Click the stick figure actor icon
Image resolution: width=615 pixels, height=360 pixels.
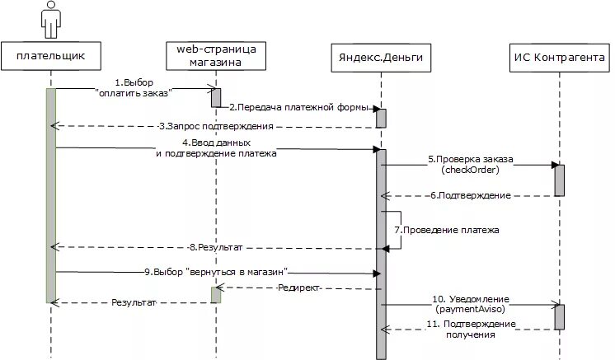(50, 19)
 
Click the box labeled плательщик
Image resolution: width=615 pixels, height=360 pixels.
(51, 56)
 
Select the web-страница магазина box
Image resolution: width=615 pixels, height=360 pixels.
(216, 56)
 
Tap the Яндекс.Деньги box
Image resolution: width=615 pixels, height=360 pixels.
(381, 56)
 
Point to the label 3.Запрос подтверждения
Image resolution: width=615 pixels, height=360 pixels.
(216, 126)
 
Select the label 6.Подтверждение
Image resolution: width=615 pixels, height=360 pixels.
(470, 195)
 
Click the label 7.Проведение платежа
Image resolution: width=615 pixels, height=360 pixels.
(447, 230)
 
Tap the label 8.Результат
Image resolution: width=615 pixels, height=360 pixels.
(216, 246)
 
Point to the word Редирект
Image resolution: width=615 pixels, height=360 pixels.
(298, 288)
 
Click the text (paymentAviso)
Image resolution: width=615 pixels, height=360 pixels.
(471, 308)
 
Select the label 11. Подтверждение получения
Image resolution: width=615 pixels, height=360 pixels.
(471, 329)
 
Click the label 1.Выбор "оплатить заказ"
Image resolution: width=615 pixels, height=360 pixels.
(134, 87)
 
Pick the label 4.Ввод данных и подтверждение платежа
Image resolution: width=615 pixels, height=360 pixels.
(216, 148)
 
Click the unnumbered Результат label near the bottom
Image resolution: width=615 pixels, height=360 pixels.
(134, 303)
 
